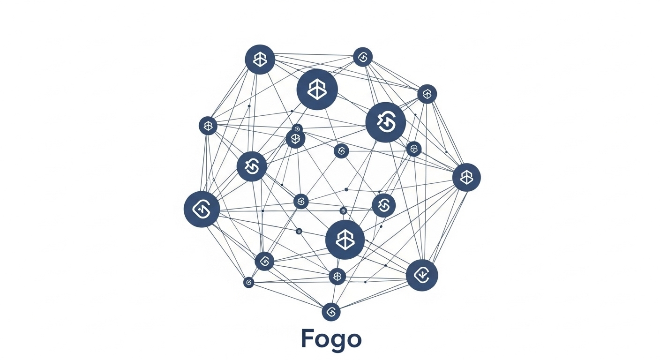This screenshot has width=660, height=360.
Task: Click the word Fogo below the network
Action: pos(331,339)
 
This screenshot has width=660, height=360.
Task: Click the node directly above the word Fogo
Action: pos(331,312)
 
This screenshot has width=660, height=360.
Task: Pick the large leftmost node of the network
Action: pos(202,210)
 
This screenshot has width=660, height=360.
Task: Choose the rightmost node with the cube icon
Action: pos(466,177)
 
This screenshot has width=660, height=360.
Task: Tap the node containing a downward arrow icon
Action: pos(422,275)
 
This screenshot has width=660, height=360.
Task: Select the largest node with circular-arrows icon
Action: pos(385,122)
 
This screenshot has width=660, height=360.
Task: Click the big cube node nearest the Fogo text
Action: pos(345,240)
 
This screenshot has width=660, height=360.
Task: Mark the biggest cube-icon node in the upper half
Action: pos(317,90)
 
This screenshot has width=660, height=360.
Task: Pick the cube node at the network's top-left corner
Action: pos(260,60)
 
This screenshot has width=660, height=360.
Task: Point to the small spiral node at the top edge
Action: pos(362,57)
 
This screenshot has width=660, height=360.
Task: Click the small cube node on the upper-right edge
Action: pos(427,94)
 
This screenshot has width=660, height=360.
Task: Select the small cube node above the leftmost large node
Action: pos(208,126)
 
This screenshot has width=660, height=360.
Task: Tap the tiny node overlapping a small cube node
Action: pos(297,128)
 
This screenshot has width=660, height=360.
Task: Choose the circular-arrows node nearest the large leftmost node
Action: pos(252,166)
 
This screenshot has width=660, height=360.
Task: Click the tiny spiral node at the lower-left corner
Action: pos(249,282)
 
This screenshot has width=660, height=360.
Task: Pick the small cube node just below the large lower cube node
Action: pos(337,277)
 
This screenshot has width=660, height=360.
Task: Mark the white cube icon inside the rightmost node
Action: pos(466,177)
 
